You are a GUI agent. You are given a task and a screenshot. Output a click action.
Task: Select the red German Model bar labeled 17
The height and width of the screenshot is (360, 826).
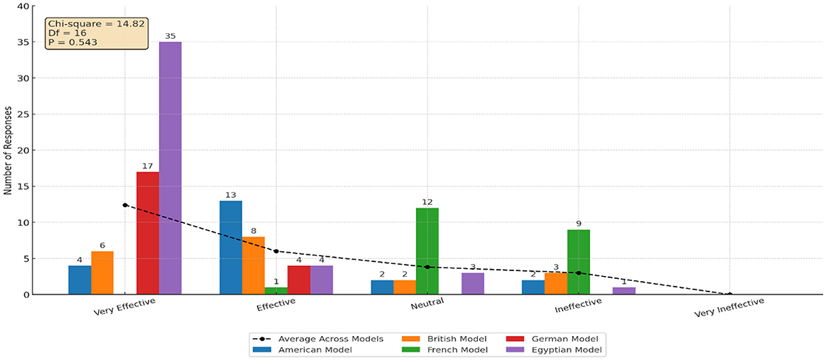tap(148, 233)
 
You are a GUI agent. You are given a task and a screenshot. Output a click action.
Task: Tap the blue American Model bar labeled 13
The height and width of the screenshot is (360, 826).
tap(231, 247)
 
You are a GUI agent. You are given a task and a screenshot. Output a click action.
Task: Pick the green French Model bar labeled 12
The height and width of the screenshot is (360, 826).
tap(427, 251)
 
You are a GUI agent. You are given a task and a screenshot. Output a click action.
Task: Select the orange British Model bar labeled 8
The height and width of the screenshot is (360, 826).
tap(253, 265)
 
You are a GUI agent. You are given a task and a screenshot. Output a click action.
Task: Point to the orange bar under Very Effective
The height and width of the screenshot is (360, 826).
tap(102, 272)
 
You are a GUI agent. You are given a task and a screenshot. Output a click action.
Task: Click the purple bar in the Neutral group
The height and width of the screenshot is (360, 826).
tap(472, 283)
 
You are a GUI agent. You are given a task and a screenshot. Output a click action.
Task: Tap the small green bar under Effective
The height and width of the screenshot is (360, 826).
tap(276, 291)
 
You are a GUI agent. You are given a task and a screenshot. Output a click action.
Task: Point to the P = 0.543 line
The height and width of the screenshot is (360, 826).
tap(73, 42)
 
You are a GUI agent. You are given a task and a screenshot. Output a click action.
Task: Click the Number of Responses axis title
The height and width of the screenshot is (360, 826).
tap(7, 150)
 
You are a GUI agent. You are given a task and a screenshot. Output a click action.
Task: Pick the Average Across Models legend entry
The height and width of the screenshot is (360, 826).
tap(317, 338)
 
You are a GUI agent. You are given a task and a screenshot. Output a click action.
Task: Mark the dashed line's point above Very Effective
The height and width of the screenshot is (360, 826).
tap(125, 205)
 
